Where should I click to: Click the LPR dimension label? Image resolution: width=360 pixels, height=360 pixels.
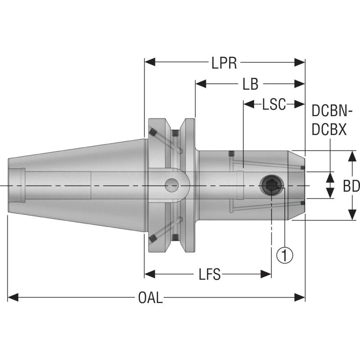tap(224, 63)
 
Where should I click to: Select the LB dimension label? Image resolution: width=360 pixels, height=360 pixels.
tap(250, 84)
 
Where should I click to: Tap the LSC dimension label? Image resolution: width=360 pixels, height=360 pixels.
tap(274, 104)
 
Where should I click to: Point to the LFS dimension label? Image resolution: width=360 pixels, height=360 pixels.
tap(209, 274)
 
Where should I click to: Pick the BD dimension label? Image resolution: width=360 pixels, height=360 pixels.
tap(351, 185)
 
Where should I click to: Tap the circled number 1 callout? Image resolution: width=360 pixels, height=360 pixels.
tap(284, 255)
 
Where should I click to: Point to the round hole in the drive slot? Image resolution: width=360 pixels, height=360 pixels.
tap(171, 184)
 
